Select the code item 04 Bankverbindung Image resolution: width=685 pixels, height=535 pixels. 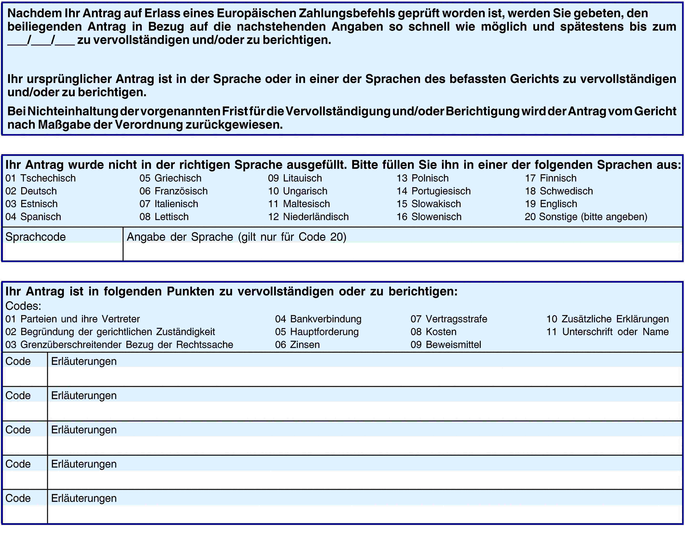click(x=318, y=319)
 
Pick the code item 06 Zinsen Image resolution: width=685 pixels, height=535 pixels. click(x=297, y=345)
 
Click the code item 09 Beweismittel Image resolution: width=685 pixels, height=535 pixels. click(x=446, y=345)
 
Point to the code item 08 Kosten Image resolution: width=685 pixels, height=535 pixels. click(x=433, y=332)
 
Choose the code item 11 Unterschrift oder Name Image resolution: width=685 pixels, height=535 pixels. click(x=608, y=332)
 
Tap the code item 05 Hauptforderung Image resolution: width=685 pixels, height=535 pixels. click(x=317, y=332)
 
